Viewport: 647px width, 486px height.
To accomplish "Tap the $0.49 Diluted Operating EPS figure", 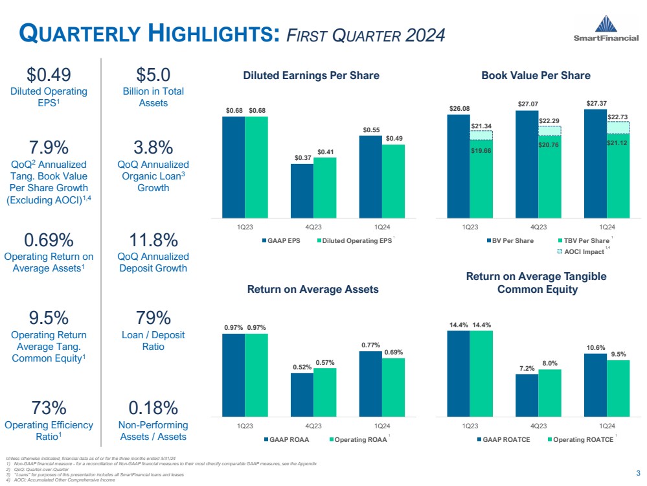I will (x=49, y=75).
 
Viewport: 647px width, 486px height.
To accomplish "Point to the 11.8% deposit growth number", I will (x=153, y=240).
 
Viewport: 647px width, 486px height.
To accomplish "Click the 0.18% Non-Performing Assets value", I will (x=153, y=408).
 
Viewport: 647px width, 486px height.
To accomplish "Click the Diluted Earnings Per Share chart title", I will (x=311, y=76).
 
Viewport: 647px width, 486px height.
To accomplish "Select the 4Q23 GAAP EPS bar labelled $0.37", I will (x=302, y=191).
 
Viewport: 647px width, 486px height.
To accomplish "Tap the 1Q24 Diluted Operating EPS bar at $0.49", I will (x=393, y=181).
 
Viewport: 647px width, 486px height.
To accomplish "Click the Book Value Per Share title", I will (x=536, y=76).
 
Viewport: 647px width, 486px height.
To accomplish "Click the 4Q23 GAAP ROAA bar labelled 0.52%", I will (x=302, y=394).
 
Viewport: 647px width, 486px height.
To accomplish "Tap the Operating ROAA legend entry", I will (x=358, y=440).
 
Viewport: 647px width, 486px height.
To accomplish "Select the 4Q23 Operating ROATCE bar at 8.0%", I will (x=549, y=392).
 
